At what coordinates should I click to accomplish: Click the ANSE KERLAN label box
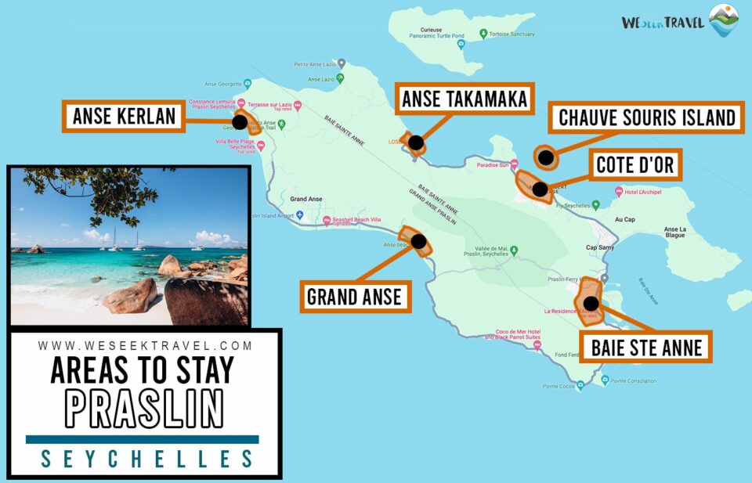tap(124, 117)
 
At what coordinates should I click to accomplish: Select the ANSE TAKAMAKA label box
tap(465, 99)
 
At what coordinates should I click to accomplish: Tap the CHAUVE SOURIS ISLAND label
tap(645, 117)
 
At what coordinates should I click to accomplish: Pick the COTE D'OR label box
tap(634, 165)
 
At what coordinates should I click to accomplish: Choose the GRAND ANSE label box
tap(354, 297)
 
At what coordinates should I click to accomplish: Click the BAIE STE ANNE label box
tap(645, 347)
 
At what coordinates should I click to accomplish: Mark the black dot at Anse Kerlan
tap(240, 122)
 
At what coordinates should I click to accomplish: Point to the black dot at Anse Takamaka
tap(416, 143)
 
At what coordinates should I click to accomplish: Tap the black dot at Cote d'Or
tap(539, 189)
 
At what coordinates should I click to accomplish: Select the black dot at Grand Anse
tap(419, 241)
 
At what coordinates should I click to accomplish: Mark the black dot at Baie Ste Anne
tap(591, 304)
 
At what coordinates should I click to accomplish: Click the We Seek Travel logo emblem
tap(723, 20)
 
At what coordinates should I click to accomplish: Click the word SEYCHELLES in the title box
tap(146, 459)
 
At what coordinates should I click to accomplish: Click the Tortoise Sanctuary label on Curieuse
tap(512, 34)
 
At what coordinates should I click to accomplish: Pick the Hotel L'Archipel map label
tap(644, 192)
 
